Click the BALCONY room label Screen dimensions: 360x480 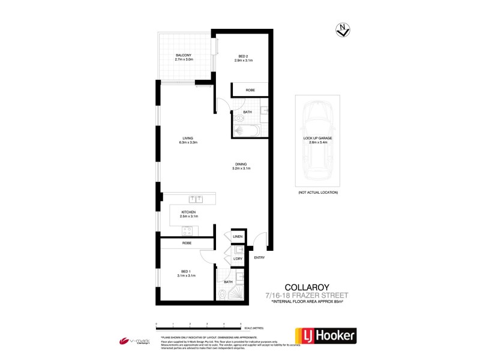coord(184,55)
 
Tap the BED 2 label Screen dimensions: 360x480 coord(243,56)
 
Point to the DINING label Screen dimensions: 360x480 coord(240,164)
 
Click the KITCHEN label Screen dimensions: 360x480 coord(189,211)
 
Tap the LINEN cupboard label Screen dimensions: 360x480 coord(238,238)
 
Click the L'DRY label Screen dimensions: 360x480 coord(238,258)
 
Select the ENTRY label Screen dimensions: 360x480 coord(259,257)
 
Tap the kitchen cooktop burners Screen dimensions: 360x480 coord(187,230)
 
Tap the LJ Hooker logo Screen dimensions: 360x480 coord(323,335)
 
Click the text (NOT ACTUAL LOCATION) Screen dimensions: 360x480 coord(317,192)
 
